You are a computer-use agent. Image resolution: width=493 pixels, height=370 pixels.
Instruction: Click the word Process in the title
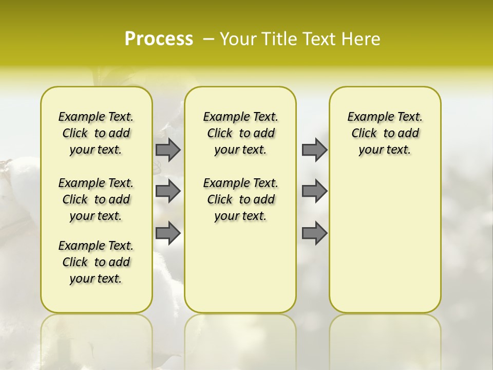159,39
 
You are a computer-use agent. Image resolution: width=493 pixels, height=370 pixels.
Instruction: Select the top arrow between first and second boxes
168,150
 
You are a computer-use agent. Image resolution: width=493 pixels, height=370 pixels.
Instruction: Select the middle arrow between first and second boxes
168,191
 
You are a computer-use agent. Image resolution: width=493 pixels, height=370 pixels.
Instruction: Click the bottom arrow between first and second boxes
168,233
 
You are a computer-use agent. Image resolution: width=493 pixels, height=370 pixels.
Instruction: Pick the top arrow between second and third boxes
314,150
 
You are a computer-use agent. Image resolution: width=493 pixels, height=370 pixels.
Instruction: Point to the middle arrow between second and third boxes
314,191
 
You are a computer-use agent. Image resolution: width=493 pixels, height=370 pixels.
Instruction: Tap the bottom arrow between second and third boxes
314,233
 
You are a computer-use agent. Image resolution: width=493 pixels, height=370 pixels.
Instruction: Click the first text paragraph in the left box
96,133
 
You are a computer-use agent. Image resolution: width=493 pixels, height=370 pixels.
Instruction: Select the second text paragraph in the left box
96,199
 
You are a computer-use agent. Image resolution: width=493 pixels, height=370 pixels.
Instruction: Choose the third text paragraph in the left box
96,262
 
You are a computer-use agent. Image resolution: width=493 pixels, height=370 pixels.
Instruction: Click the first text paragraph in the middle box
240,133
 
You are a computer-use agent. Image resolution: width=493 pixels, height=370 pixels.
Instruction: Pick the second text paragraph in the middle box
240,199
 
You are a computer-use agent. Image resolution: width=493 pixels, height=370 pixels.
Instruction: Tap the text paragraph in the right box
385,133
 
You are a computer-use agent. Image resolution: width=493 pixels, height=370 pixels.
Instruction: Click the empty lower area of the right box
385,247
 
